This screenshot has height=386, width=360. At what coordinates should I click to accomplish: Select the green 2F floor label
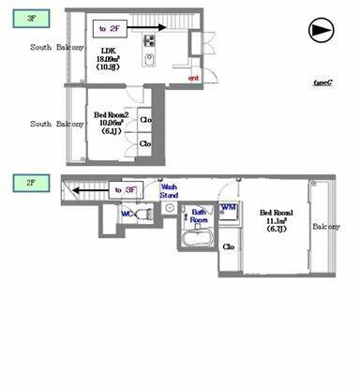(24, 182)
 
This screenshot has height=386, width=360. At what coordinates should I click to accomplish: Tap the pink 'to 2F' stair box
(110, 29)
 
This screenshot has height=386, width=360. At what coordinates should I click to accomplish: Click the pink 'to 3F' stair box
(125, 190)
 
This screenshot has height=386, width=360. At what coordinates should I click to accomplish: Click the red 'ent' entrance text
(194, 78)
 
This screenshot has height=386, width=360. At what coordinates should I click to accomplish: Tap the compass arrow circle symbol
(321, 30)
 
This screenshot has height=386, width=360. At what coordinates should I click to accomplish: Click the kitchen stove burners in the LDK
(149, 40)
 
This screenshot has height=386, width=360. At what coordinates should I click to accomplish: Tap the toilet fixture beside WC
(143, 214)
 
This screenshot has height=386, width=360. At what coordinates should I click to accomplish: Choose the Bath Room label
(199, 216)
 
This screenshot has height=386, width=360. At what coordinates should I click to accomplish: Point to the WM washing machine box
(228, 207)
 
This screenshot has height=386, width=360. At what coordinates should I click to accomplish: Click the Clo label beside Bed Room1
(229, 247)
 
